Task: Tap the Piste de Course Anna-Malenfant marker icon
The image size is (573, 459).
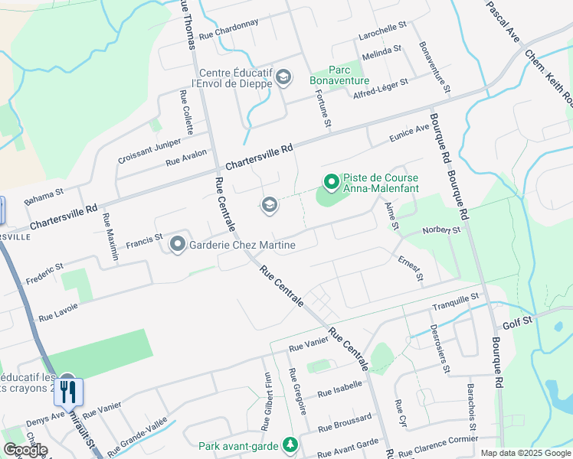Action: coord(331,181)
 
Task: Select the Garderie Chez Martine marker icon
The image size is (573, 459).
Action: coord(178,245)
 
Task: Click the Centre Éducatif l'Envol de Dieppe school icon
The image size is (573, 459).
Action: coord(283,76)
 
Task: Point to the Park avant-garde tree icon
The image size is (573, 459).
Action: coord(290,444)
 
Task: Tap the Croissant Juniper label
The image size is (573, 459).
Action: coord(149,151)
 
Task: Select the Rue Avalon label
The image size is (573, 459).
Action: coord(187,157)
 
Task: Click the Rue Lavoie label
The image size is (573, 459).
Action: coord(58,311)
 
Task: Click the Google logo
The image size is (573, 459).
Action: coord(25,450)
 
